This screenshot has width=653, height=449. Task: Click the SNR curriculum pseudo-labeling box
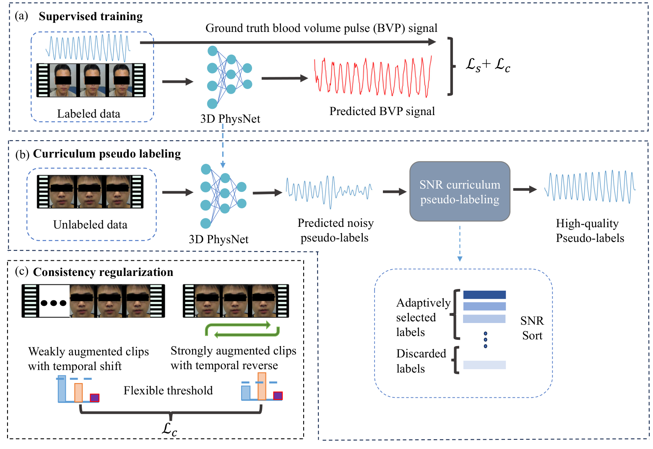tap(460, 192)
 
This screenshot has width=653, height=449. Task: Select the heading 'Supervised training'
tap(91, 16)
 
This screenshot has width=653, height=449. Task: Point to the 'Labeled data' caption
tap(88, 114)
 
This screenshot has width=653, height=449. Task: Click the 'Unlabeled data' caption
tap(90, 225)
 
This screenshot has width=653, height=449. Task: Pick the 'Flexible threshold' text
tap(168, 391)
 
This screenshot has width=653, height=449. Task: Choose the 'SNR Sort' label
tap(532, 328)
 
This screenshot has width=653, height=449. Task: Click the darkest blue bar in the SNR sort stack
tap(484, 295)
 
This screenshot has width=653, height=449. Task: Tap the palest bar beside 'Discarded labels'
tap(484, 365)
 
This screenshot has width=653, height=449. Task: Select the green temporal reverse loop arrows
tap(242, 330)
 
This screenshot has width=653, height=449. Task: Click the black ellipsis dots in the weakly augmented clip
tap(54, 303)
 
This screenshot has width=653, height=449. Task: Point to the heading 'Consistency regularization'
tap(103, 272)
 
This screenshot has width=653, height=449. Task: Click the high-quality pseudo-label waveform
tap(590, 186)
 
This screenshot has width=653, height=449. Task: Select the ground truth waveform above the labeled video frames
tap(88, 48)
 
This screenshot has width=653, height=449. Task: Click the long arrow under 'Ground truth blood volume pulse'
tap(288, 42)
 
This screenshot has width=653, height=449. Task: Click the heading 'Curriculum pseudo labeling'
tap(107, 154)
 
